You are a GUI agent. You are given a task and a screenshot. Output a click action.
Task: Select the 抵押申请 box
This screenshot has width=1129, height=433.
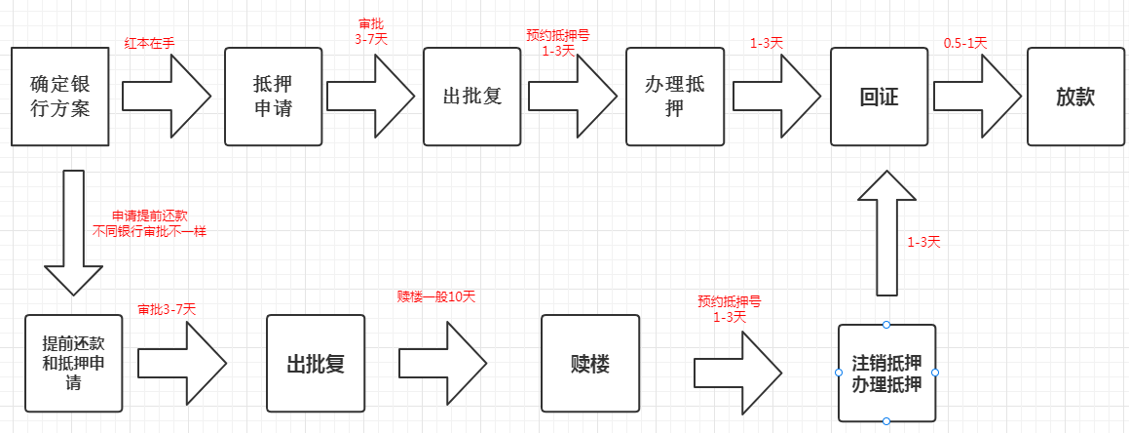point(273,96)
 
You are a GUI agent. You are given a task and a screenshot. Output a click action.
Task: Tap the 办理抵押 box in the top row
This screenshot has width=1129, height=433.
point(673,96)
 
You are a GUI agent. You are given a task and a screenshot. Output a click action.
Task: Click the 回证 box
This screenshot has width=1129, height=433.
point(878,97)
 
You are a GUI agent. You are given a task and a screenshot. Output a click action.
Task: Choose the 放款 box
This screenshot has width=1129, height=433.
point(1075,97)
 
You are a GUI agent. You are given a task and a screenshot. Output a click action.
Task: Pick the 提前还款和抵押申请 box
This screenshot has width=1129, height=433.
point(75,363)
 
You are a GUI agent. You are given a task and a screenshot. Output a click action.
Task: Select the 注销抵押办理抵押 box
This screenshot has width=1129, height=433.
point(886,373)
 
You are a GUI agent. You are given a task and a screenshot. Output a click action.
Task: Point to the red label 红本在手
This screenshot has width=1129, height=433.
point(150,43)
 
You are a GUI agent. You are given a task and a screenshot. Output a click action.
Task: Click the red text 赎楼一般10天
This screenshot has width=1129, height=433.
point(435,295)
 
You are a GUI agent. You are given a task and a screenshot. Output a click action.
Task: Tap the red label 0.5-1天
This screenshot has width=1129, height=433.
point(965,43)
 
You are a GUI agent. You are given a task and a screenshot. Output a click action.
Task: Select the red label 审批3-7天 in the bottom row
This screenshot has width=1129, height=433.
point(167,309)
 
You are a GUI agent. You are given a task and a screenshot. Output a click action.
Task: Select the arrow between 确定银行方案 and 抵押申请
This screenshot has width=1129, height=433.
point(167,96)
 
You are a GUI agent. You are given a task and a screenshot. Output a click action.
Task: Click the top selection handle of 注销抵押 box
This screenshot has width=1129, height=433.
point(886,325)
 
